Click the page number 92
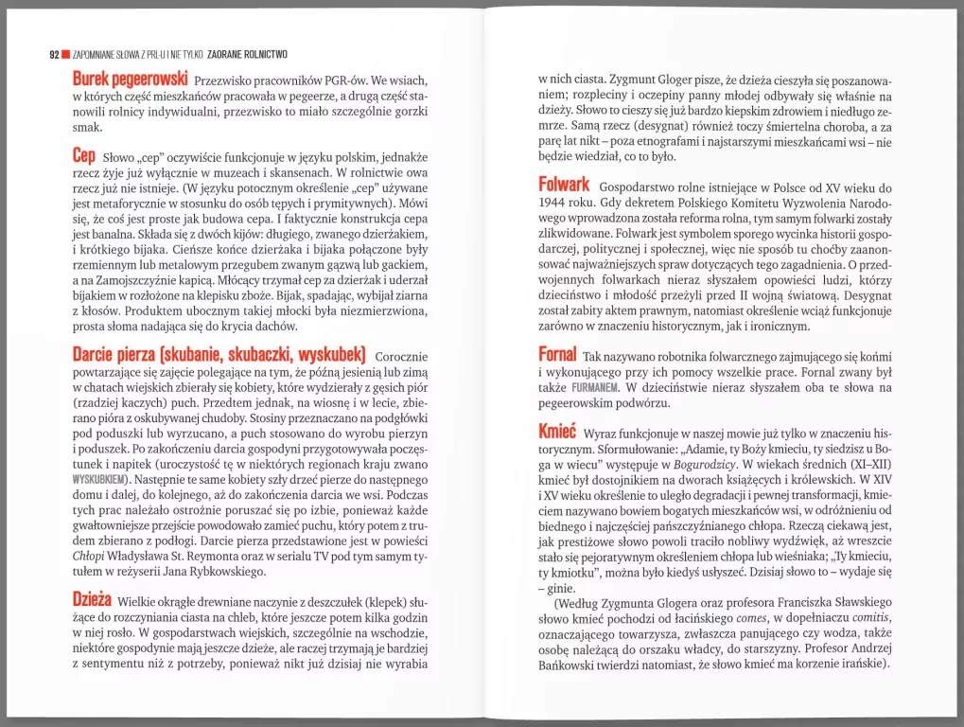click(54, 54)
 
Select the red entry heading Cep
click(84, 153)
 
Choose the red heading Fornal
click(557, 355)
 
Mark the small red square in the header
click(66, 54)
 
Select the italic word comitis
click(870, 618)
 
